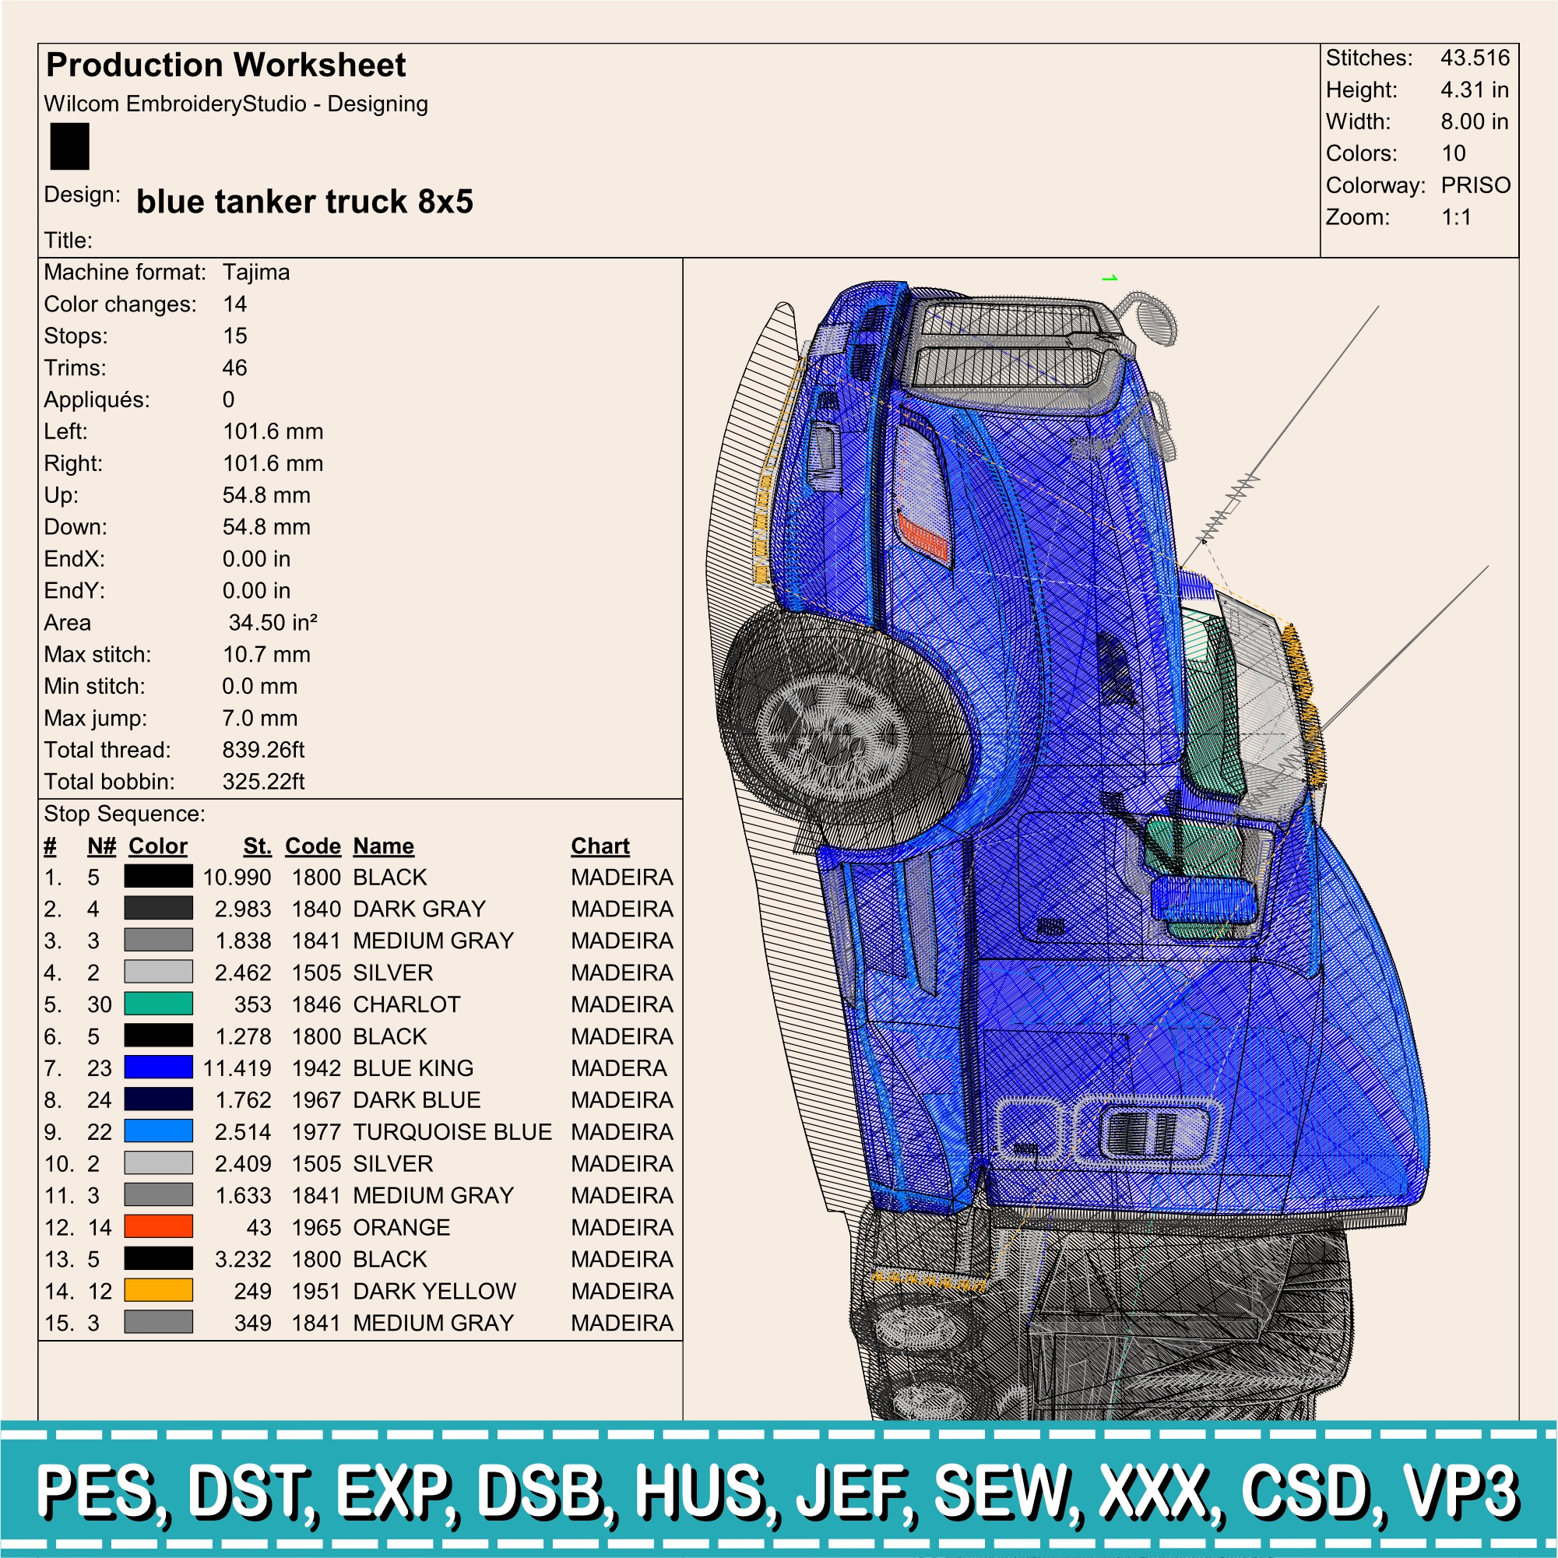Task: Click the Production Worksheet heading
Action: click(x=226, y=65)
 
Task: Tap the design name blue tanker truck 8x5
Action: click(x=305, y=202)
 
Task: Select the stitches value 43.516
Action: click(x=1475, y=58)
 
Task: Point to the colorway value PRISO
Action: click(x=1475, y=185)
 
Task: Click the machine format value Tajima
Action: click(x=255, y=273)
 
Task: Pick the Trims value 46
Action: click(x=234, y=368)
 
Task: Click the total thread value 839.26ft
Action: click(x=264, y=750)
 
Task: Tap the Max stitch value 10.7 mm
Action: click(x=266, y=654)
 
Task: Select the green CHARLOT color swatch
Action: click(x=158, y=1004)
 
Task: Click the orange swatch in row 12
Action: click(x=158, y=1226)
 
